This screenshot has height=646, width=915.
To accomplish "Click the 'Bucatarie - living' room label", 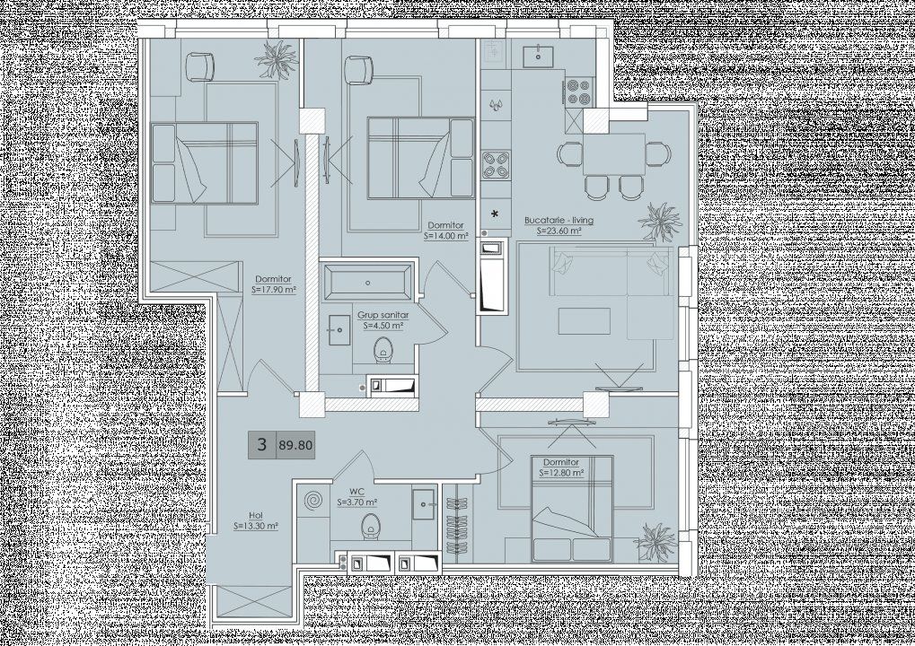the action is [x=559, y=221].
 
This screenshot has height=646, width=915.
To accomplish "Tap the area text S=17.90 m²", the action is [x=274, y=289].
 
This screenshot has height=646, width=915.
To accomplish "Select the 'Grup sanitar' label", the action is [x=383, y=316].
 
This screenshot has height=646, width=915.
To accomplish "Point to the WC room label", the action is [x=356, y=493].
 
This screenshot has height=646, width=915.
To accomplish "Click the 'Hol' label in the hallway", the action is [x=256, y=516].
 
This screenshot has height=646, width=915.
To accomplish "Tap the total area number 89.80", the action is [x=295, y=446].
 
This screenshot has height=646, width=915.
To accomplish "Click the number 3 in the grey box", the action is [x=262, y=445].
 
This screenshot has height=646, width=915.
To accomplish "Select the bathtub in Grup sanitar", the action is [x=367, y=283].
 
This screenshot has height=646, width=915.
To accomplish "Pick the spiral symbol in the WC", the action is [x=312, y=501].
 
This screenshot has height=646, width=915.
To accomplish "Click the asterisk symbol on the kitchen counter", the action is [x=495, y=214].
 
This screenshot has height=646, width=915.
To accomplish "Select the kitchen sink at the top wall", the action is [x=538, y=56].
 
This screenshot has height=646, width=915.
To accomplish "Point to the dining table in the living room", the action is [x=613, y=154].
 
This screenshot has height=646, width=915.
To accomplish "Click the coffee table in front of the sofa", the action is [x=585, y=321].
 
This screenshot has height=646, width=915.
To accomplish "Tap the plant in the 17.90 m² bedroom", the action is [x=277, y=60].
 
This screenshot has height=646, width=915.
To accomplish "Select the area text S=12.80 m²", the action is [x=561, y=473].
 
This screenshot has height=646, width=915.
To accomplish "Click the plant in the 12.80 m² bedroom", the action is [x=655, y=543].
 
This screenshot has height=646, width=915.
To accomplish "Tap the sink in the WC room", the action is [x=423, y=503].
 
